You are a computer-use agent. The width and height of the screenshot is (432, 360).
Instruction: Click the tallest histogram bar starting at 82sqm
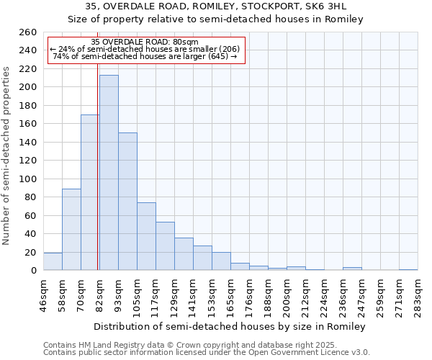109,173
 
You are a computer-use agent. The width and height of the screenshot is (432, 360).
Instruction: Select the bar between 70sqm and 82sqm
90,192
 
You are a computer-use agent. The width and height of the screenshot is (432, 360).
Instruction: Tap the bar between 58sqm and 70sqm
71,229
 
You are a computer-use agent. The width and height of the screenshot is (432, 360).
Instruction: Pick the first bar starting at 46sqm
53,262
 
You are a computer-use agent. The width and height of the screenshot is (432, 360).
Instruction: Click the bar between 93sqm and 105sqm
127,202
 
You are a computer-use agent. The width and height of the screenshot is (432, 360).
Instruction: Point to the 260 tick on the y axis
28,32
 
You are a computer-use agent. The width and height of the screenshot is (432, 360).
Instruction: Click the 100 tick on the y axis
28,179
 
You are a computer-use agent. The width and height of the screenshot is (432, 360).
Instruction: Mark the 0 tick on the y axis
33,271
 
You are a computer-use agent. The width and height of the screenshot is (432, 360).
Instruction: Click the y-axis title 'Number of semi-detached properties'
7,155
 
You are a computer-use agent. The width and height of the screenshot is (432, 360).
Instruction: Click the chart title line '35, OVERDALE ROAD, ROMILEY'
216,6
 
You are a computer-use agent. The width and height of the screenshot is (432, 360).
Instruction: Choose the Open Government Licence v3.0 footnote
207,353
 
